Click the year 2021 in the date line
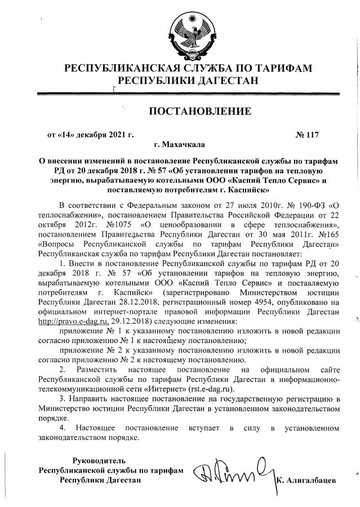click(x=117, y=135)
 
